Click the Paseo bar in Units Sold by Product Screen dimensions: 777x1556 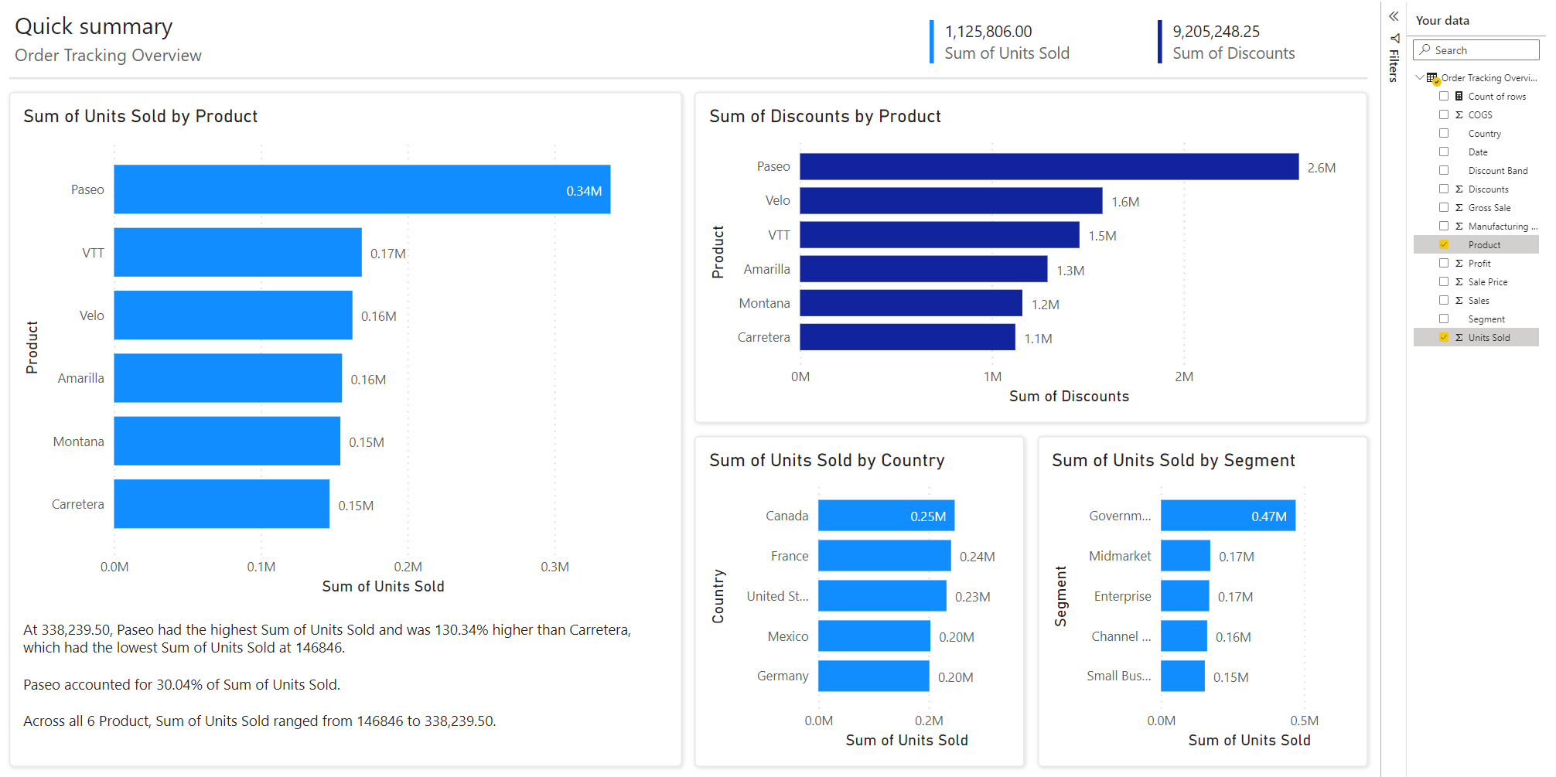pos(362,189)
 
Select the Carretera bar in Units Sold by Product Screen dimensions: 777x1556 pos(221,504)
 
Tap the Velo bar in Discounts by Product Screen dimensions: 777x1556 pos(950,201)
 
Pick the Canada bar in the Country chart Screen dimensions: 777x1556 pos(885,516)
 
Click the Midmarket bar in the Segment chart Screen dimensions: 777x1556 pos(1185,556)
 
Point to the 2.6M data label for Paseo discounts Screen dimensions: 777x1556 pos(1321,168)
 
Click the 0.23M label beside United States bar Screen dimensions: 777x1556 pos(972,597)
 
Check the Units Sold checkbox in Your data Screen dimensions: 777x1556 pos(1444,337)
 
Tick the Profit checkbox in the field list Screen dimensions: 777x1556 pos(1444,263)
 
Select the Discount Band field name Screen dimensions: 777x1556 pos(1497,171)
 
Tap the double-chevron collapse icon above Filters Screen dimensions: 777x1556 pos(1394,16)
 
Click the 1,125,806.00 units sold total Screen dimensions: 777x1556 pos(988,32)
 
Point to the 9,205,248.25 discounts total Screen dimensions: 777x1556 pos(1216,32)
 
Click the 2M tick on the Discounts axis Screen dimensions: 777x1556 pos(1183,377)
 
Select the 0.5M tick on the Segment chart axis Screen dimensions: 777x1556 pos(1304,721)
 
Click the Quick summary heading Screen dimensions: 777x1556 pos(94,26)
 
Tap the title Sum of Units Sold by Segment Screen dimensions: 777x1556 pos(1173,461)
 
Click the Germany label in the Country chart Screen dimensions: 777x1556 pos(783,676)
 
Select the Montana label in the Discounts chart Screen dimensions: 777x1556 pos(764,303)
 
